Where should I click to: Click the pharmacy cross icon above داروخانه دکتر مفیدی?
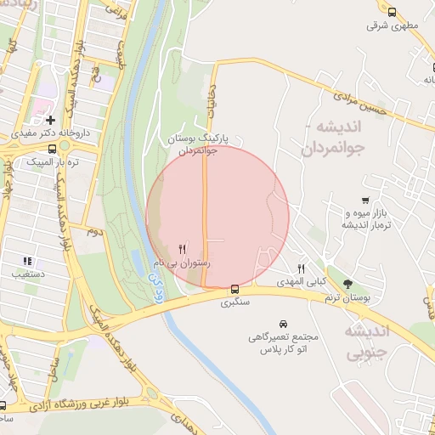point(51,121)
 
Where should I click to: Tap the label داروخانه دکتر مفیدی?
point(48,134)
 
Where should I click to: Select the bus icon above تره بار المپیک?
point(53,148)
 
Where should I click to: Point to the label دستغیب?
point(30,274)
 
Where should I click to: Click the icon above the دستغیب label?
point(28,261)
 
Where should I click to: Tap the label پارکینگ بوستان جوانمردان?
point(201,144)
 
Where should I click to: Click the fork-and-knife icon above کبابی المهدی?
point(300,268)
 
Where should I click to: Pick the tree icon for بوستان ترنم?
point(347,284)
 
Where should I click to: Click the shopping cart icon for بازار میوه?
point(365,201)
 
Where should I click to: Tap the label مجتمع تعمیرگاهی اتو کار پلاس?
point(281,343)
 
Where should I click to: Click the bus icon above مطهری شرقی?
point(391,12)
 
